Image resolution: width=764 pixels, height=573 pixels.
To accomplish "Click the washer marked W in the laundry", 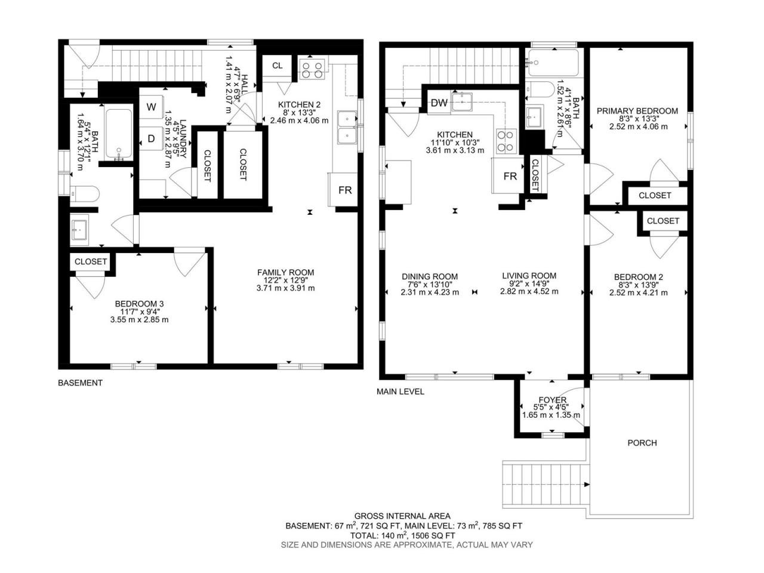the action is (x=151, y=107).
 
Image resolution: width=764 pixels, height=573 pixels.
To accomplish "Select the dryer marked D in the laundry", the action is (x=151, y=138).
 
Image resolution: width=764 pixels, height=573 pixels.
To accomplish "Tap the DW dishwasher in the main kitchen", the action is (x=439, y=103).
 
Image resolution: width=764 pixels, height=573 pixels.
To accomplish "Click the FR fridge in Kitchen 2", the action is (x=344, y=190).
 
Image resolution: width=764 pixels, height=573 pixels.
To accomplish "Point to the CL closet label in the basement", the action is (x=278, y=66).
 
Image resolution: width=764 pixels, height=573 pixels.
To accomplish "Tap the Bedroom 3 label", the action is (x=139, y=304).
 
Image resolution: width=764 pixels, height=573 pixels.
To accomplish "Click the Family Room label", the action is (x=285, y=272).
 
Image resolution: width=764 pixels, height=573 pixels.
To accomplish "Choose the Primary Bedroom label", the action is (x=637, y=111).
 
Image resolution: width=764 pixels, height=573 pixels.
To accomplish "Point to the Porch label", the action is (x=642, y=443).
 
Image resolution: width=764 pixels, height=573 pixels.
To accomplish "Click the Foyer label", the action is (x=552, y=400).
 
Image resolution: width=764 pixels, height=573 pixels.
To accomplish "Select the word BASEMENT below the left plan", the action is (x=80, y=383).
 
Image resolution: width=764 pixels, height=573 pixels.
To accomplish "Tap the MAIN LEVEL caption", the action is (x=401, y=392).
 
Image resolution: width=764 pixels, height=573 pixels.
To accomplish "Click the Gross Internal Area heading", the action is (x=402, y=516).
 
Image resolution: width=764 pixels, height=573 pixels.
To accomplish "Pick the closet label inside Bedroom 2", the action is (x=663, y=221).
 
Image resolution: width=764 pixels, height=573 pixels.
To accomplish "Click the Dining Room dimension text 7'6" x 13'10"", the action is (x=430, y=284).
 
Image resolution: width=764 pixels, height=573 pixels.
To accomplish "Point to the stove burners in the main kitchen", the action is (x=506, y=140).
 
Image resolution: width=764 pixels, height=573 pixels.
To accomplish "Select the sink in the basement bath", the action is (x=80, y=227).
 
